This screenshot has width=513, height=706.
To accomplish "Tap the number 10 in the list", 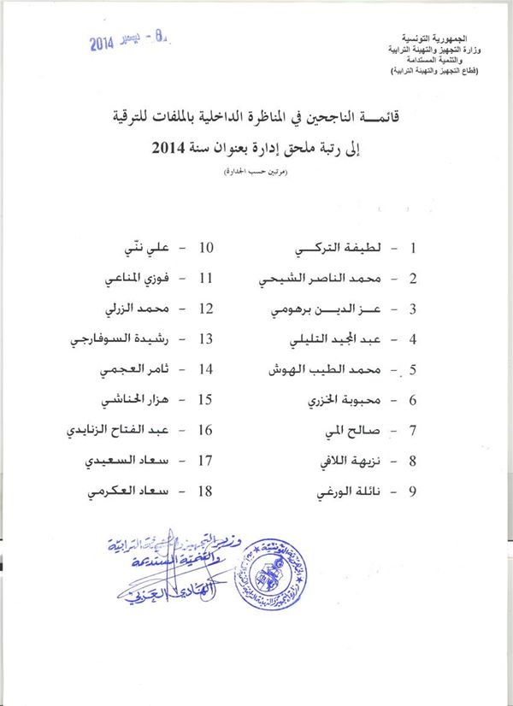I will pyautogui.click(x=205, y=249).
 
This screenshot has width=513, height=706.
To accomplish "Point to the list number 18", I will pyautogui.click(x=205, y=492).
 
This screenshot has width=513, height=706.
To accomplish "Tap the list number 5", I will pyautogui.click(x=413, y=370).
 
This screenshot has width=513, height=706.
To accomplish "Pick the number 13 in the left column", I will pyautogui.click(x=205, y=339).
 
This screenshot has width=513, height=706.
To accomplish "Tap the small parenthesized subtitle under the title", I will pyautogui.click(x=254, y=174).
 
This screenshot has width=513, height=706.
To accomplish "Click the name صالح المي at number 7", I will pyautogui.click(x=346, y=431).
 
